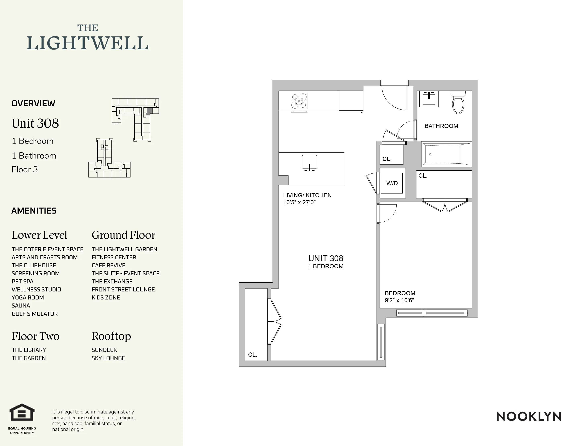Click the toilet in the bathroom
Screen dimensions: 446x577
pos(458,103)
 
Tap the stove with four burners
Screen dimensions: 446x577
pos(299,101)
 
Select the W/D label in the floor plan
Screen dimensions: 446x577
pos(392,183)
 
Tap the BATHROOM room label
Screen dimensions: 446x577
pos(441,126)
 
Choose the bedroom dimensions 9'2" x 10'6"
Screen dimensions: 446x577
pos(399,300)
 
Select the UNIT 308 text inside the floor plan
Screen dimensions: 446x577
pos(326,258)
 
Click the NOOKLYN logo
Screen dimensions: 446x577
pos(529,417)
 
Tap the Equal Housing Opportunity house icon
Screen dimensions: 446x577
pos(22,412)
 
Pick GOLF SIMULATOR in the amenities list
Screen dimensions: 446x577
pos(35,314)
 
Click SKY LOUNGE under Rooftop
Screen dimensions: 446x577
pos(108,358)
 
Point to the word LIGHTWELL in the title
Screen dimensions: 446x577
pos(88,43)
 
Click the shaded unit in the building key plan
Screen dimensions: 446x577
pos(150,111)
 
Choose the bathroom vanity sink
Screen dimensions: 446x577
pos(429,99)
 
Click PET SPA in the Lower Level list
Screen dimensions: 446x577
pos(22,282)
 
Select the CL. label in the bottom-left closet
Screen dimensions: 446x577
pos(252,355)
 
